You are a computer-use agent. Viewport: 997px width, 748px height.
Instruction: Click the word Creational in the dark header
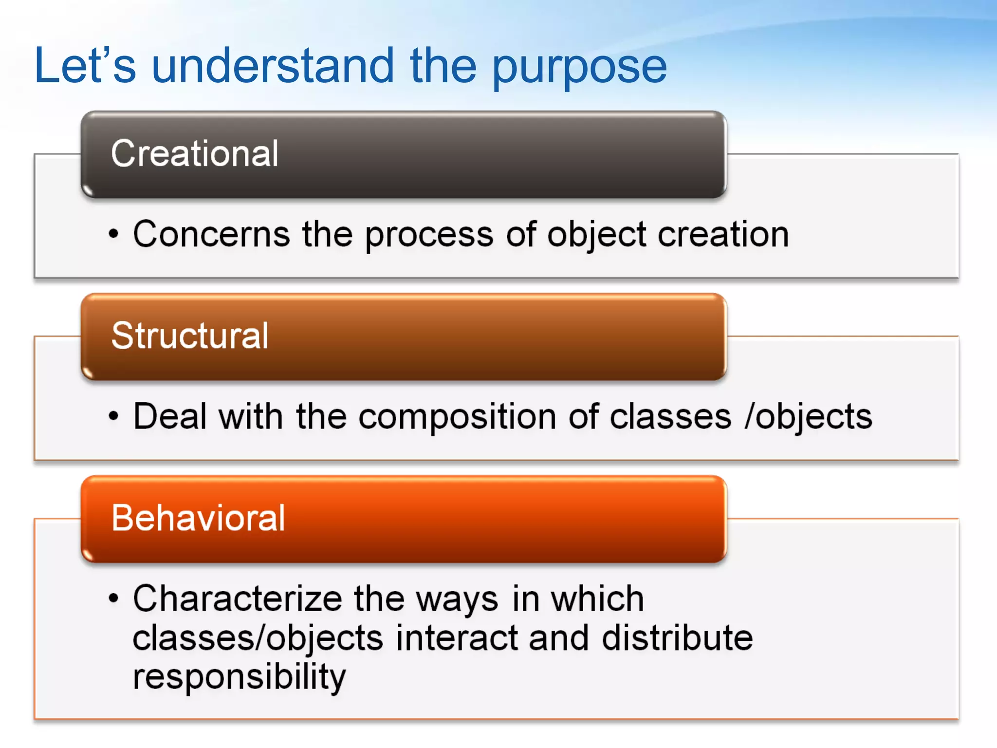[195, 153]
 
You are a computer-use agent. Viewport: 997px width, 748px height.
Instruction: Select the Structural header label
[190, 336]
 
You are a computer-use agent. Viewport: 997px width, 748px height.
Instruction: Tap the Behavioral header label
[198, 518]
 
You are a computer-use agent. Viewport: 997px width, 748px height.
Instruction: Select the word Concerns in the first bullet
[212, 234]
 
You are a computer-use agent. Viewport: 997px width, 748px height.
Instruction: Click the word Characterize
[238, 598]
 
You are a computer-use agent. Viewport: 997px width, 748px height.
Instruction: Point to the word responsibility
[239, 677]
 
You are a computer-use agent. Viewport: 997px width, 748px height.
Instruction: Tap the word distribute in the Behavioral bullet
[677, 637]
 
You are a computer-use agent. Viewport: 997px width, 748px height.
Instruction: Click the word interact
[457, 637]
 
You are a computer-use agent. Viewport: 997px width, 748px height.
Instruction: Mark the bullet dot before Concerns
[113, 234]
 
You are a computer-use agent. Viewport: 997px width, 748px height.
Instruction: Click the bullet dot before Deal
[113, 416]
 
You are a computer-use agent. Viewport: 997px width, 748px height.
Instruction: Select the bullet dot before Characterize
[113, 598]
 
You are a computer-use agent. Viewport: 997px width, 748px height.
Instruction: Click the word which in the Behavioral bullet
[597, 598]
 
